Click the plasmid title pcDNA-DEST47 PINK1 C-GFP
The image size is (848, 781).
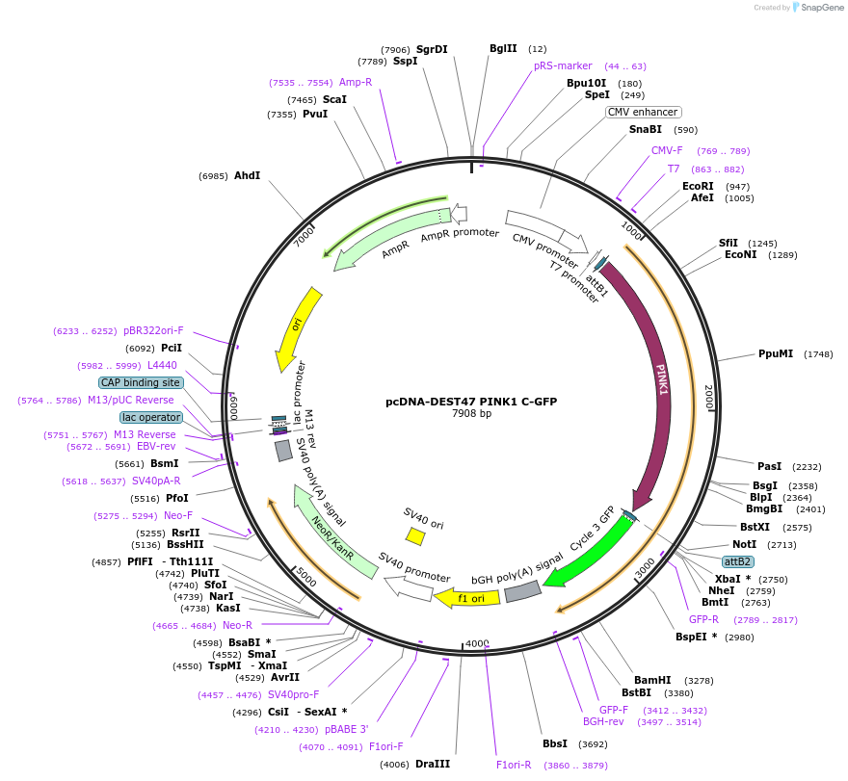tap(471, 401)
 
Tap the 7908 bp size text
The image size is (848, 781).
tap(471, 414)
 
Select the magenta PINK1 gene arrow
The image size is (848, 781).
tap(656, 385)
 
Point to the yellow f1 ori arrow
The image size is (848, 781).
tap(467, 598)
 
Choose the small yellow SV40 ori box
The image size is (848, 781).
tap(415, 535)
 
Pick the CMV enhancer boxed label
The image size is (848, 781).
tap(643, 112)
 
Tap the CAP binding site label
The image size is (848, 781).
tap(141, 382)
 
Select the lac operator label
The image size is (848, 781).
tap(151, 417)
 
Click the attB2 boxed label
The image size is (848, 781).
tap(738, 560)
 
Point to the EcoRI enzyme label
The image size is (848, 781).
tap(698, 186)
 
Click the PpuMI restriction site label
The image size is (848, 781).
tap(776, 353)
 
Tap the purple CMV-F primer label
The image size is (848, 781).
tap(667, 150)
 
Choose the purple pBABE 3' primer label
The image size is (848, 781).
tap(346, 729)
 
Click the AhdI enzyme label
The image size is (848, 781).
tap(248, 175)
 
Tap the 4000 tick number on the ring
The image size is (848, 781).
tap(478, 643)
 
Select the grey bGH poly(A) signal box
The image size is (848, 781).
tap(522, 591)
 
